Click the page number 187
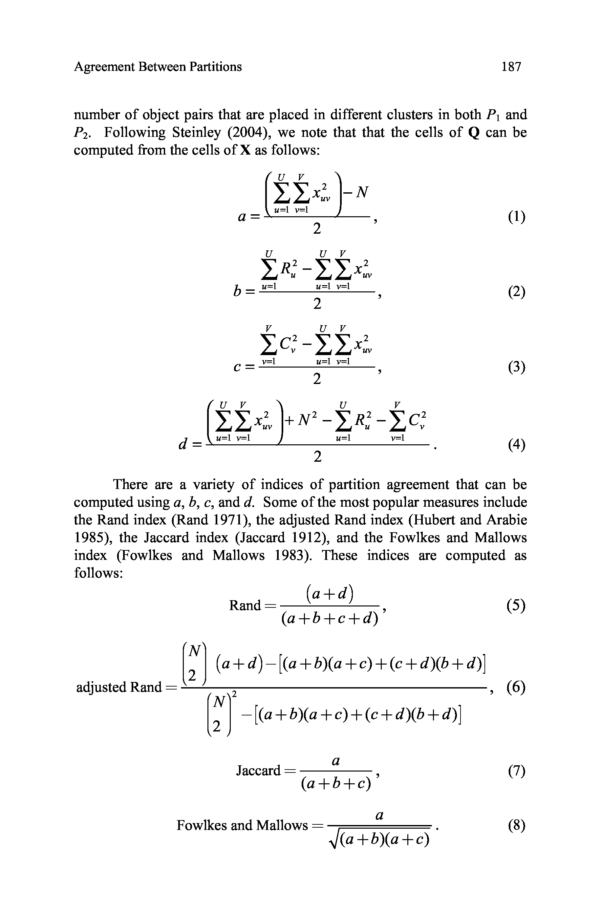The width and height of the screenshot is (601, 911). pyautogui.click(x=511, y=67)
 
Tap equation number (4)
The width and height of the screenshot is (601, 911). pyautogui.click(x=516, y=445)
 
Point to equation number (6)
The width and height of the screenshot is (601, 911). pyautogui.click(x=516, y=687)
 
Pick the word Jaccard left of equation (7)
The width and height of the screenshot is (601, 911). pyautogui.click(x=258, y=770)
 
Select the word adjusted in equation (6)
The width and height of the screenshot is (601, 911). pyautogui.click(x=101, y=687)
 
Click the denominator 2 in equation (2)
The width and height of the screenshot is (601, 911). pyautogui.click(x=317, y=304)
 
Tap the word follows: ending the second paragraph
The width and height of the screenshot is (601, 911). pyautogui.click(x=98, y=573)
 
